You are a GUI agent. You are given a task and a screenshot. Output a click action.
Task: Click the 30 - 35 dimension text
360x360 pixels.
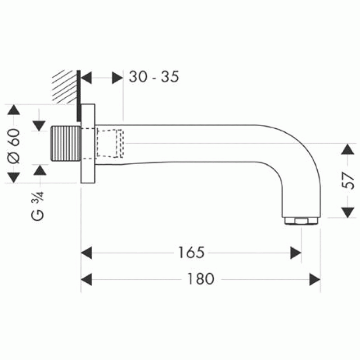[x=154, y=76]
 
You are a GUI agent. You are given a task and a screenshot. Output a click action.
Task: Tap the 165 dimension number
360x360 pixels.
[x=191, y=252]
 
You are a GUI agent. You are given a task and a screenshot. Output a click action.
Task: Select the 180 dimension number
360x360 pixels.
[x=201, y=279]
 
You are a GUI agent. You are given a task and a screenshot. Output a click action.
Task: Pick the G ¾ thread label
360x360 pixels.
[x=37, y=206]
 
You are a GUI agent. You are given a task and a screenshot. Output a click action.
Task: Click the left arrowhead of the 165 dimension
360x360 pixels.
[x=86, y=253]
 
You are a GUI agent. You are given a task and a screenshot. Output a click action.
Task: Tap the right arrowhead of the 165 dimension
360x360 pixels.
[x=296, y=253]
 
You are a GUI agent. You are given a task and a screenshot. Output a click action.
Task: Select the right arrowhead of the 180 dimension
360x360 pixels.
[x=315, y=279]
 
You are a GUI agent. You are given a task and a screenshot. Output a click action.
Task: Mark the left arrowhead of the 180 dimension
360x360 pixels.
[x=86, y=279]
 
